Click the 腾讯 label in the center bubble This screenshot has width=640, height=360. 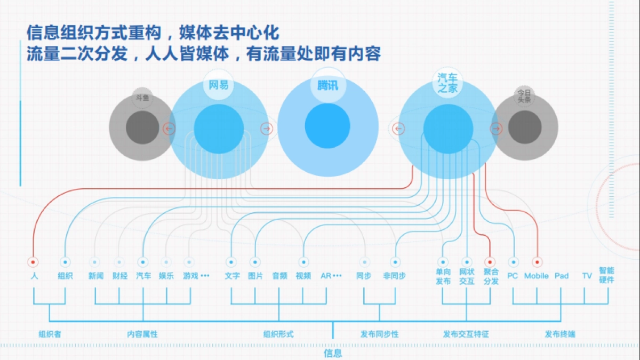[x=327, y=85]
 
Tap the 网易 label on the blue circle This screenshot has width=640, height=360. [x=219, y=85]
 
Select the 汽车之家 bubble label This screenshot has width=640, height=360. [x=447, y=83]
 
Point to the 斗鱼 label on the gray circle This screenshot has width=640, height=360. [x=142, y=98]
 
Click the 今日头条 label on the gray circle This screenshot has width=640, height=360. [x=524, y=96]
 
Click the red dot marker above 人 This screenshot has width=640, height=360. [x=33, y=262]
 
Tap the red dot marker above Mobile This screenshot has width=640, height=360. [x=537, y=262]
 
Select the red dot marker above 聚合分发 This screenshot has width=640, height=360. [x=490, y=262]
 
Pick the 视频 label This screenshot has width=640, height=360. [x=303, y=276]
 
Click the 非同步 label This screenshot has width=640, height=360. [x=395, y=276]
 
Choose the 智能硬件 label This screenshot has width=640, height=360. [x=606, y=275]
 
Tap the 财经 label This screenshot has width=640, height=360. [x=120, y=276]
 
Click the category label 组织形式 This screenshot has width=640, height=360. [x=278, y=334]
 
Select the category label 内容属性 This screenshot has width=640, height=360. [x=142, y=334]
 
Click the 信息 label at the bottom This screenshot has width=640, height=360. [x=333, y=353]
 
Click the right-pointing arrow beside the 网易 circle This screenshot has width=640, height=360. [x=267, y=129]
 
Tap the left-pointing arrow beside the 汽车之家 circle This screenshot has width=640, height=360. [x=398, y=129]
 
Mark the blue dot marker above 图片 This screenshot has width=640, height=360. [x=255, y=262]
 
